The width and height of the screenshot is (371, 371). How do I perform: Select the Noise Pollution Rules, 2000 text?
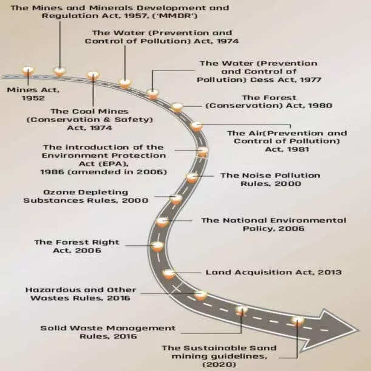(270, 180)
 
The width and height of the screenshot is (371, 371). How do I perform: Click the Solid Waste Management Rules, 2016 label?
(100, 332)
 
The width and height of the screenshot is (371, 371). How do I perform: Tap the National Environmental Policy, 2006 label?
(273, 224)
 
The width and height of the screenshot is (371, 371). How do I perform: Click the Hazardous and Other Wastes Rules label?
(81, 294)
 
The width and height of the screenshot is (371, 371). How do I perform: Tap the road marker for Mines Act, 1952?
(28, 71)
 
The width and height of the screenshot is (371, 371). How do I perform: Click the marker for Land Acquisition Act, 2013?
(169, 274)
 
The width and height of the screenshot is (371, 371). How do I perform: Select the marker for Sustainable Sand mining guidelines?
(298, 320)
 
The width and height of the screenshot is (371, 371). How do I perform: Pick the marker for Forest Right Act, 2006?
(157, 247)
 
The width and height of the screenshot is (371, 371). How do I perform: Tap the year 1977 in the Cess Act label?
(307, 80)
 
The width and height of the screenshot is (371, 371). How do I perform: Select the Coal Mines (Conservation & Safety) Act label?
(89, 120)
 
